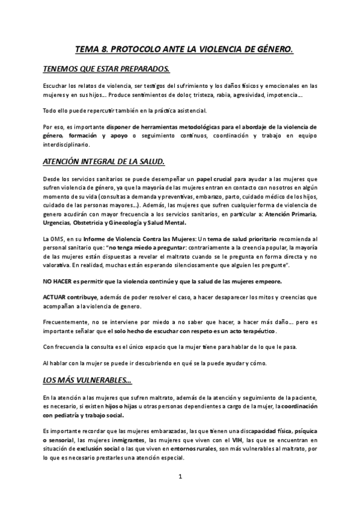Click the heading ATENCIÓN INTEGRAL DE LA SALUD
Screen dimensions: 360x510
[x=108, y=163]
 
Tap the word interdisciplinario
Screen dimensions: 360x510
[x=66, y=145]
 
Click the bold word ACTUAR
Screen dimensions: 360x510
[x=55, y=298]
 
